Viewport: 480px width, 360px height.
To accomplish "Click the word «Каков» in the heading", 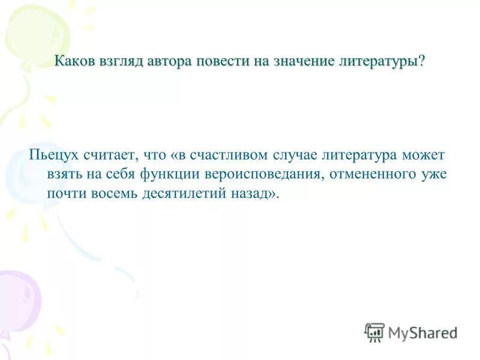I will point(75,62).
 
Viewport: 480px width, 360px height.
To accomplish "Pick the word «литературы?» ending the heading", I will point(386,62).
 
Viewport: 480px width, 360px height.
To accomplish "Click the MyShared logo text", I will point(423,331).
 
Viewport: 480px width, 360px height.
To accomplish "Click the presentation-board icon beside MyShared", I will point(374,331).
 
